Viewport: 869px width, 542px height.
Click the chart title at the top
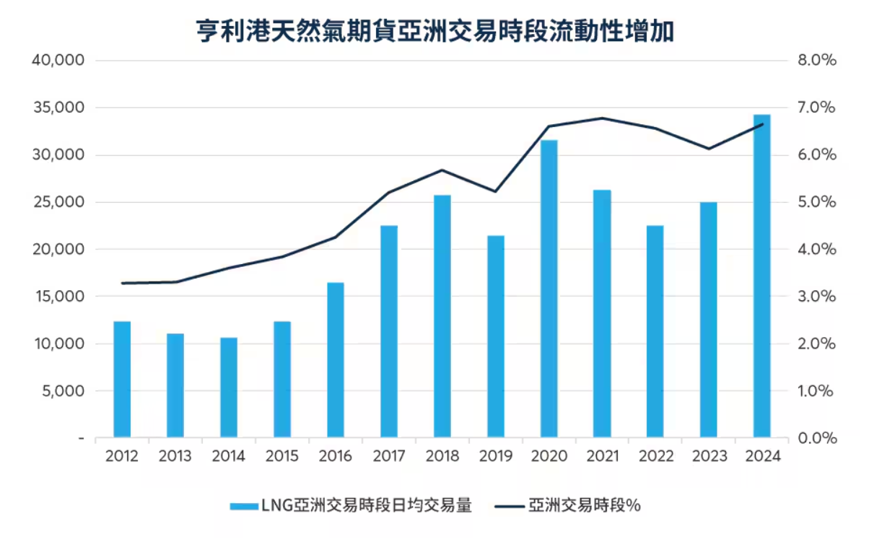[434, 31]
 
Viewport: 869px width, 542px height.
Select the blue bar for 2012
[122, 379]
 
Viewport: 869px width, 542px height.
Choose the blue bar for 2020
[549, 289]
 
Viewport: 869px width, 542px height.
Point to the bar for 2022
[655, 331]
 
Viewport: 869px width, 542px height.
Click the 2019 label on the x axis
[496, 456]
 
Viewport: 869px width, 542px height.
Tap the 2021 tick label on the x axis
[603, 456]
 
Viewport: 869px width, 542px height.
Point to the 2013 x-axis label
[175, 456]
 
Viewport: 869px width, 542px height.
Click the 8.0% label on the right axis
[818, 61]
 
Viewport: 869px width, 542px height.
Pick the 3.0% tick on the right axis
[818, 297]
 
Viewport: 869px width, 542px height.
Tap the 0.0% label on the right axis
[818, 438]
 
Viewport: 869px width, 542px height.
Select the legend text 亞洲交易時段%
[585, 506]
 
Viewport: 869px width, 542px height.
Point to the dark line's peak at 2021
[603, 118]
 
